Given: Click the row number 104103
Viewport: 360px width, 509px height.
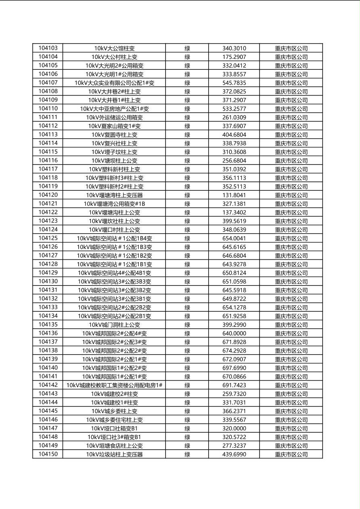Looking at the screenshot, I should point(48,48).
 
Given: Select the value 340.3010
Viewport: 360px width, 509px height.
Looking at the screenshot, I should point(234,48).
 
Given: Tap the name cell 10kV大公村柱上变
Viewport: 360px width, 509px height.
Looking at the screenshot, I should point(114,57).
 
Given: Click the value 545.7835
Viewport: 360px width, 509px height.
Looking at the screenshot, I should point(234,83).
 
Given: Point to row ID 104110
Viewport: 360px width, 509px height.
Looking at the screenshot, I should point(48,108).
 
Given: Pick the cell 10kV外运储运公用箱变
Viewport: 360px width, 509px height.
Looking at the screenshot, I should point(114,117).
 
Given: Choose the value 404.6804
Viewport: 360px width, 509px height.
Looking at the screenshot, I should point(234,135).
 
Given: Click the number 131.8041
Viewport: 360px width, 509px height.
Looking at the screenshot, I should point(234,195).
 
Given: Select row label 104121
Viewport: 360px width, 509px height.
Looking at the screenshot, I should point(48,204).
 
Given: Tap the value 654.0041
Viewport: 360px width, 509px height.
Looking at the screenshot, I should point(234,238).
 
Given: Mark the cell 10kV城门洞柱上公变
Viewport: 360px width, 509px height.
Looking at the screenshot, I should point(114,325).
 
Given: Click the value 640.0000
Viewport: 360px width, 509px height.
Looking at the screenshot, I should point(234,334).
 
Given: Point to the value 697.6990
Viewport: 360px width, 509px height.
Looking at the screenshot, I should point(234,368).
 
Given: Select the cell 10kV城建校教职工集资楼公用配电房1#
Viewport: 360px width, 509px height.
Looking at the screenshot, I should point(114,385).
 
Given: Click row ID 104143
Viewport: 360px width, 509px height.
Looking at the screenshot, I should point(48,394).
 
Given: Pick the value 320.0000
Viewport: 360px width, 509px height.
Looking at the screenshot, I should point(234,428).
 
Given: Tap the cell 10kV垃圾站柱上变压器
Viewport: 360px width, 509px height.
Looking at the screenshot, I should point(114,454).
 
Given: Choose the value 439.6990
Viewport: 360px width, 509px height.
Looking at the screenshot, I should point(234,454).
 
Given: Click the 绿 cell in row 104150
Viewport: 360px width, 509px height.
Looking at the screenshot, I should point(187,454).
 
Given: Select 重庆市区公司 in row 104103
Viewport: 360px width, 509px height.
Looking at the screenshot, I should point(291,48).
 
